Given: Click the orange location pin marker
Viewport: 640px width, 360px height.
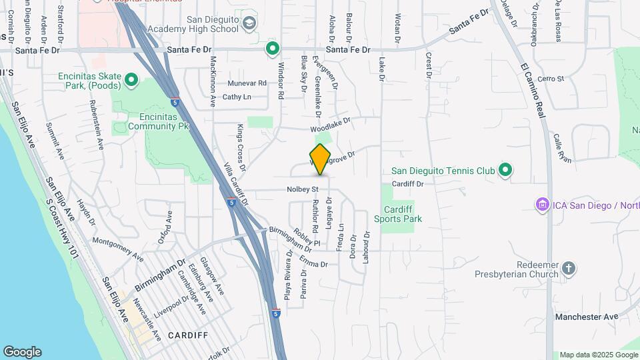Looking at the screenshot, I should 320,159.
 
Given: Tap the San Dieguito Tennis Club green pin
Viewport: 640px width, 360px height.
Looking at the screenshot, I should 505,171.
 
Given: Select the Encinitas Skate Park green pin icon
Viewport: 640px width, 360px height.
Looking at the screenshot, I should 131,81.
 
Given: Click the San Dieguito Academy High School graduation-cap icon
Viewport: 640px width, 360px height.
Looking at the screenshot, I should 249,24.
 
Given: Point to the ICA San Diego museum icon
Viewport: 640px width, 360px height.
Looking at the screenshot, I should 543,204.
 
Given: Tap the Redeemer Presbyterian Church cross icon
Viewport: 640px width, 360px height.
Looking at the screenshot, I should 568,268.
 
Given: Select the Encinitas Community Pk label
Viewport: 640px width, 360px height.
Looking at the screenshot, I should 149,120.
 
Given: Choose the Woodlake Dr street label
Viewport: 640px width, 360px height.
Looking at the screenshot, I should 330,125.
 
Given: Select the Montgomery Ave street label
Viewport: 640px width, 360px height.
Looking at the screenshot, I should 117,249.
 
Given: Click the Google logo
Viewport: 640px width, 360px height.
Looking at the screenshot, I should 22,352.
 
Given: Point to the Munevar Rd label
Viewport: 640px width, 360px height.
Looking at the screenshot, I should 247,83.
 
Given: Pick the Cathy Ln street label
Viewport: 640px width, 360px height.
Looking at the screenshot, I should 237,97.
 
